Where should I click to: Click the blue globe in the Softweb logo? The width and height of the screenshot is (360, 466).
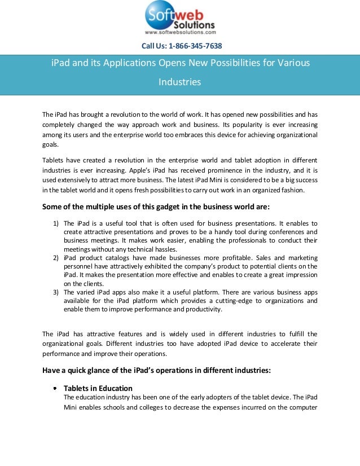coord(161,16)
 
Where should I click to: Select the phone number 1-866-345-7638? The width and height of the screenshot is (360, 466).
coord(196,46)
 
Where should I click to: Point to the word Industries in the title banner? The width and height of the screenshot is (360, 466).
coord(179,82)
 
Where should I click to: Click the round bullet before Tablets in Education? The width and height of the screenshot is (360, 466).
coord(55,389)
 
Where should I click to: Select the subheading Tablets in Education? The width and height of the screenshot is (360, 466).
coord(98,388)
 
